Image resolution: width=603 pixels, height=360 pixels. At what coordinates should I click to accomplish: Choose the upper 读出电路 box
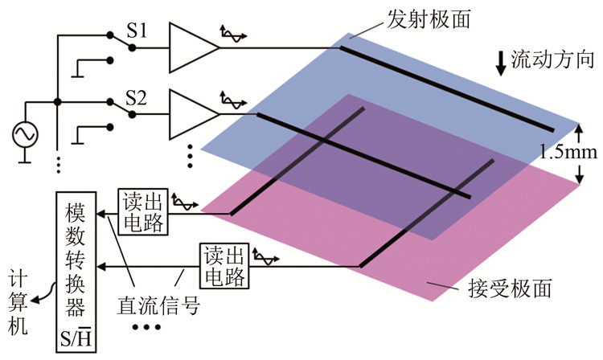pos(144,211)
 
